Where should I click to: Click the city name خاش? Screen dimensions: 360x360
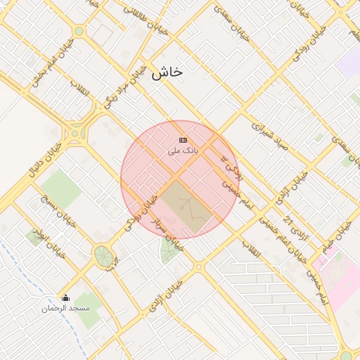point(167,72)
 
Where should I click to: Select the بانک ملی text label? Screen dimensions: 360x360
point(183,150)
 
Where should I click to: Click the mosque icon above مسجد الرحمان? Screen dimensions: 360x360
point(66,297)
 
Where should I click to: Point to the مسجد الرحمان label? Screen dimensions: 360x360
point(65,309)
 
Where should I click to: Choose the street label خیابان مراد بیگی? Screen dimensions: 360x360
point(126,86)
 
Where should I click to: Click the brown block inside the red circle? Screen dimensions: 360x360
point(186,205)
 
